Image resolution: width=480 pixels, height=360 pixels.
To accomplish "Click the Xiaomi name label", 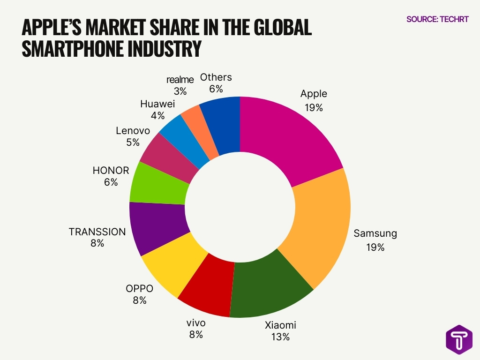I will tap(280, 325).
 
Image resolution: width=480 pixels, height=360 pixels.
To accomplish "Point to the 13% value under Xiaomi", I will tap(280, 337).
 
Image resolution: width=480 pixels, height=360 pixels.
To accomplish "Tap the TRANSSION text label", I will tap(97, 232).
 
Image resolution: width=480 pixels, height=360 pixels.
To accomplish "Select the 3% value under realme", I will tap(180, 91).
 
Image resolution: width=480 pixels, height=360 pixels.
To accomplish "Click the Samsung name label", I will tap(375, 233).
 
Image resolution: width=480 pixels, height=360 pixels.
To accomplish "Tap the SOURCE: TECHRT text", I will tap(437, 19).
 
